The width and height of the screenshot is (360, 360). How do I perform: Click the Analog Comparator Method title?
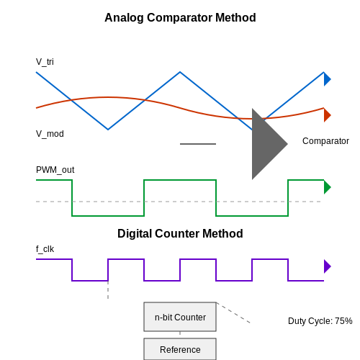180,18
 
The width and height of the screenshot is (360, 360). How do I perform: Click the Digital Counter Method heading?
180,234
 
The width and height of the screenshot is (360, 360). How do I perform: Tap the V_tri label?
45,62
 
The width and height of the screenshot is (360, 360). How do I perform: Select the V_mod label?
50,134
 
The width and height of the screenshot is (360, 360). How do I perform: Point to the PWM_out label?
55,170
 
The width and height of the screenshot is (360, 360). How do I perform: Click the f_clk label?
45,249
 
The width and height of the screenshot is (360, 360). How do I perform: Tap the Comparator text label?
325,141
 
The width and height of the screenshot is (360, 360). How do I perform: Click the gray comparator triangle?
266,144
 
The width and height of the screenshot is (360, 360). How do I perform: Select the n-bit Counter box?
180,317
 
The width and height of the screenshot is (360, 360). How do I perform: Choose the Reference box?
180,349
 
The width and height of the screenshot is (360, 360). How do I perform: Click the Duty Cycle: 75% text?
320,321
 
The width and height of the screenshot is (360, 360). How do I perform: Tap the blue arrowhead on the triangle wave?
328,79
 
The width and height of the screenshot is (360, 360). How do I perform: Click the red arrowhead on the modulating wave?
328,115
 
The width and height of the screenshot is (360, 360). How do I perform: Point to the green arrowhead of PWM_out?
328,187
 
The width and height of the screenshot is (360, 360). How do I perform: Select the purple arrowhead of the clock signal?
328,266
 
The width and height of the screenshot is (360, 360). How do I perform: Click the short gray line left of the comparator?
198,144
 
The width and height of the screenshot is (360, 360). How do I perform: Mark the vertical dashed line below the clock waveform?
108,290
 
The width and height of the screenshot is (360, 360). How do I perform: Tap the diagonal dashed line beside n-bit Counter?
233,312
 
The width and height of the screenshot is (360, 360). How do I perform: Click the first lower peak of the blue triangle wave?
108,130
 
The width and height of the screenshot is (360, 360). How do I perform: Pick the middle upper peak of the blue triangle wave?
180,72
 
